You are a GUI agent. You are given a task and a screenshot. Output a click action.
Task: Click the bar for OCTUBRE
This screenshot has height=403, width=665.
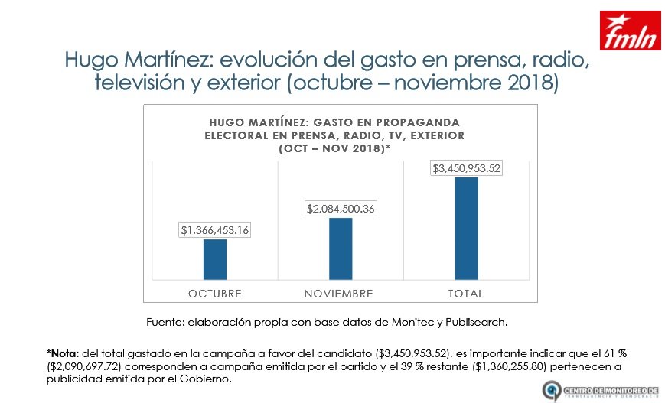tap(215, 259)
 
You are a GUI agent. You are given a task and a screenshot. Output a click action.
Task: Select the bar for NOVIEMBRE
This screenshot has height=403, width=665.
tap(341, 249)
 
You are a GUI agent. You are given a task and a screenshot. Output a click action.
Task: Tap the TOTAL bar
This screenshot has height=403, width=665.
tap(466, 229)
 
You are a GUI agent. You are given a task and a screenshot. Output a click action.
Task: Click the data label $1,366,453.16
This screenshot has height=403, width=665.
tap(215, 229)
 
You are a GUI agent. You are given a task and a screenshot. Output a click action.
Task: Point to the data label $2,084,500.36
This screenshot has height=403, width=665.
tap(341, 208)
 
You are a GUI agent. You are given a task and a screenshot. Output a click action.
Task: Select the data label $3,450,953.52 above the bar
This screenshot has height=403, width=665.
tap(466, 167)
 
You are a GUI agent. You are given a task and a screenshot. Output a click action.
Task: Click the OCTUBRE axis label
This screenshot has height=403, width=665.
tap(215, 294)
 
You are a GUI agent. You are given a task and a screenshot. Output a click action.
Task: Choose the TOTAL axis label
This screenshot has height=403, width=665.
tap(466, 294)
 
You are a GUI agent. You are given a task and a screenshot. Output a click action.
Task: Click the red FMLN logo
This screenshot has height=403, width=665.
tap(630, 31)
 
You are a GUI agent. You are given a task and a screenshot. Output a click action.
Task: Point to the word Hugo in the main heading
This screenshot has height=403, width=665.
tap(90, 60)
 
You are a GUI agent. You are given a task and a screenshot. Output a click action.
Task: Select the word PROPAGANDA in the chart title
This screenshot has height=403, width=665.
tap(424, 122)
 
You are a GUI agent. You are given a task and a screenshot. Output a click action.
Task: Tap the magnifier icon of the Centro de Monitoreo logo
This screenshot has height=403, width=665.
tap(549, 391)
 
